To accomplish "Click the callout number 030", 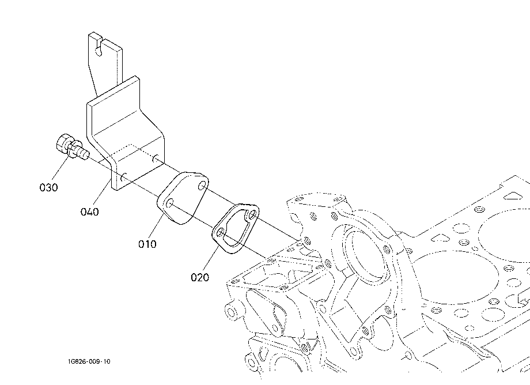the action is [48, 187].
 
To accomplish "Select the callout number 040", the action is [89, 212].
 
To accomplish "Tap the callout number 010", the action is [147, 244].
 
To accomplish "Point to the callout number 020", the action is [200, 277].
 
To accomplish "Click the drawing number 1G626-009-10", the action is [89, 361].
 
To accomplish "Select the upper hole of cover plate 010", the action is [202, 186].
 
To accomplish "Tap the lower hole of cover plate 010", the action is [170, 203].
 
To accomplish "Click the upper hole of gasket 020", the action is [252, 214].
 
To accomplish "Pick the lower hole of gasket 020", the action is [220, 232].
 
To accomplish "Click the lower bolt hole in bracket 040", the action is [123, 177].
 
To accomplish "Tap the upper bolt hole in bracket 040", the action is [155, 158].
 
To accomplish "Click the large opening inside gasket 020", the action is [236, 227].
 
